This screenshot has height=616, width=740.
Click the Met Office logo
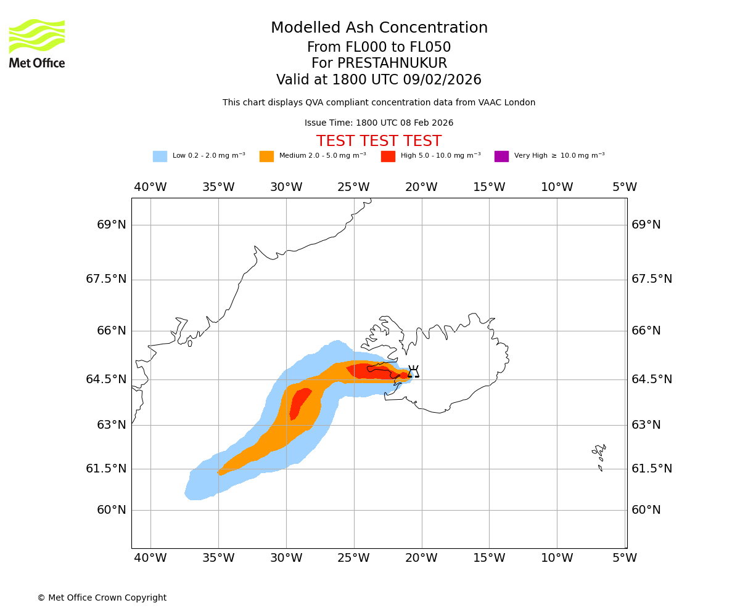tap(37, 43)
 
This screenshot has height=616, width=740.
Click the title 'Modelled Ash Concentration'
tap(379, 28)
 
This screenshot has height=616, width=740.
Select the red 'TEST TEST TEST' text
tap(379, 142)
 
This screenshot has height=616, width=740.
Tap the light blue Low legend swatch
tap(160, 156)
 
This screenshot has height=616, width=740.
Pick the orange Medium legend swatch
tap(266, 156)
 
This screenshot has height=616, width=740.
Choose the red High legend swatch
tap(388, 156)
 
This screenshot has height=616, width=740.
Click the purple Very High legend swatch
tap(501, 156)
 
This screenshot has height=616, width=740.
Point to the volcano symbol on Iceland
tap(413, 371)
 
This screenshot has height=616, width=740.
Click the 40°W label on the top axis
tap(150, 187)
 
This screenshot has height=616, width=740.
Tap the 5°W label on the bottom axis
tap(624, 558)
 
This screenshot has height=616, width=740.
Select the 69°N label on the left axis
tap(111, 225)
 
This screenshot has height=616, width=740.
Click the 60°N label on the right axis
tap(646, 510)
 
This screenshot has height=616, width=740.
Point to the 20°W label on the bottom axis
tap(421, 558)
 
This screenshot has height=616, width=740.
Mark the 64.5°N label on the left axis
tap(106, 379)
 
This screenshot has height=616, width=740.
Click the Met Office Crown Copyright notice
tap(102, 598)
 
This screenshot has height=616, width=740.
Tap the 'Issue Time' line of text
tap(379, 123)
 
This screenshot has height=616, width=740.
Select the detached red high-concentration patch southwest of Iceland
tap(299, 403)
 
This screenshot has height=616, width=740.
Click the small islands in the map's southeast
tap(599, 456)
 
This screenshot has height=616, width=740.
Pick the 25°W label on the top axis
tap(353, 187)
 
